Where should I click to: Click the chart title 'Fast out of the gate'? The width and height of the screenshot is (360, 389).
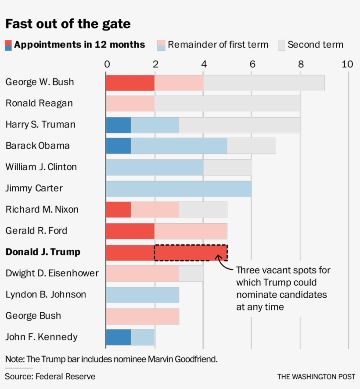click(68, 23)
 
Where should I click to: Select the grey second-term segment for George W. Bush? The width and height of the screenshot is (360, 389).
click(264, 83)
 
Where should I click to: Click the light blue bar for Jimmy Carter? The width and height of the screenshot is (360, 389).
click(179, 189)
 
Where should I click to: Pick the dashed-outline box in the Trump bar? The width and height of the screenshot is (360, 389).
click(191, 253)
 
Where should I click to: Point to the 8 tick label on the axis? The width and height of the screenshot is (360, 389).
click(301, 64)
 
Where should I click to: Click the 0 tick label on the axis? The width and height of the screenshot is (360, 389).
click(107, 64)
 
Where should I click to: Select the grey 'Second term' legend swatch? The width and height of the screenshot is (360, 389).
click(281, 45)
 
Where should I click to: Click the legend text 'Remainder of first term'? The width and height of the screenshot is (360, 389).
click(218, 45)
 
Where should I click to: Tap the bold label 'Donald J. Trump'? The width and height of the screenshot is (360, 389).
click(43, 252)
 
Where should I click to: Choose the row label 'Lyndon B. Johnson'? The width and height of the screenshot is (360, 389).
click(46, 294)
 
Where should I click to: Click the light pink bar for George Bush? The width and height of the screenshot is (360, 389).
click(143, 316)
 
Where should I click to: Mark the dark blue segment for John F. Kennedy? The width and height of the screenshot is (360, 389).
click(119, 337)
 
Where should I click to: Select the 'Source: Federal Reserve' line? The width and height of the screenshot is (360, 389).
click(50, 376)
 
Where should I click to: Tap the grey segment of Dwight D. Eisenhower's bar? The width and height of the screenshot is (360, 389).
click(191, 274)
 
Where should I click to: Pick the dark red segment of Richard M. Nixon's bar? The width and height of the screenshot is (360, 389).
click(119, 210)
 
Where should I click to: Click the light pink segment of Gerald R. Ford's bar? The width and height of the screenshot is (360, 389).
click(191, 231)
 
